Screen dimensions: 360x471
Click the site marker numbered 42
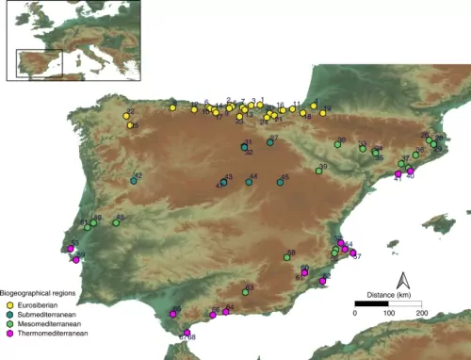134,180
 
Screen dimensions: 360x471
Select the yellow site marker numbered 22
126,117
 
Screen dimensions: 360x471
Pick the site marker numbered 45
281,182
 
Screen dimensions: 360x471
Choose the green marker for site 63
245,291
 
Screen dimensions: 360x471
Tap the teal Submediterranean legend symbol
8,315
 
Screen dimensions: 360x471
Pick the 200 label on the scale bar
420,313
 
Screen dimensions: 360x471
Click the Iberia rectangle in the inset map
38,63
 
